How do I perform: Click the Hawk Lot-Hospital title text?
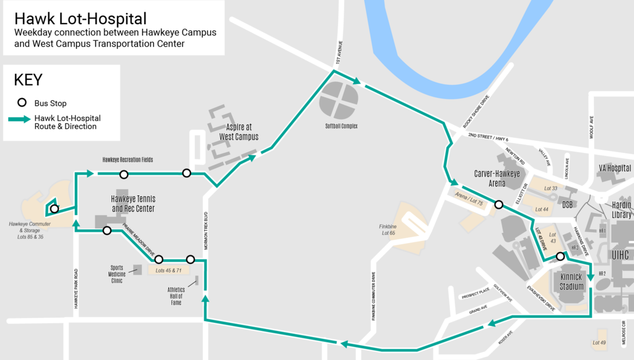81,19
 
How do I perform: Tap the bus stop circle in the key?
22,103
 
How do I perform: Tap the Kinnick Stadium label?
572,282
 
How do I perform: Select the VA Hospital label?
615,168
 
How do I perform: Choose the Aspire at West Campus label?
238,132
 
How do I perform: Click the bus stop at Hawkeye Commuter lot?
54,209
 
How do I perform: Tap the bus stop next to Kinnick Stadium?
560,257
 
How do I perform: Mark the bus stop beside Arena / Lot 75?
498,204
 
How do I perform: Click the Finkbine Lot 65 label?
388,230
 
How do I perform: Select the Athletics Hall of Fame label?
176,296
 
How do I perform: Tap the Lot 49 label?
599,343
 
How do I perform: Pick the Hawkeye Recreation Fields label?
128,160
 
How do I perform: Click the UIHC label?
620,255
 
